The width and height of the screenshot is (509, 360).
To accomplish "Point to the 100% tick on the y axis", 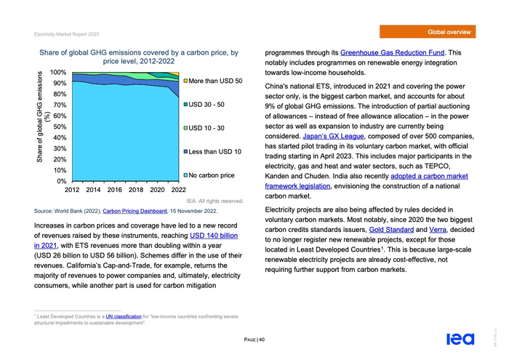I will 58,73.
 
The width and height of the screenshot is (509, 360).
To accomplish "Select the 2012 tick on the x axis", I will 72,190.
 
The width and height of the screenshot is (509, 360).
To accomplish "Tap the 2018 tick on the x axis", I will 136,190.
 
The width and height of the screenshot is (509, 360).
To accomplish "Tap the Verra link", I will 438,230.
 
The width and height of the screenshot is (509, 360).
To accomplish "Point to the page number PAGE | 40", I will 254,340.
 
